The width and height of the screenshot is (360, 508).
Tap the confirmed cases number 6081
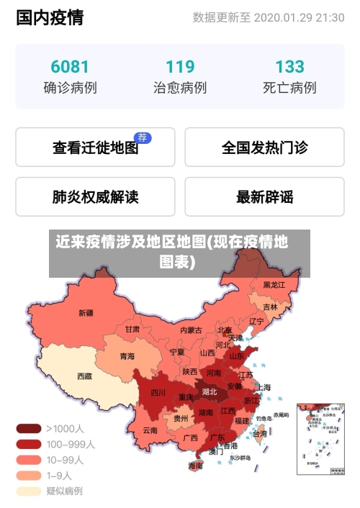tap(70, 67)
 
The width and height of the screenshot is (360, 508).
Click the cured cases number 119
tap(180, 67)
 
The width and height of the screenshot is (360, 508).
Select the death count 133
tap(289, 67)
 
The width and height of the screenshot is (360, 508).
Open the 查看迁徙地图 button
tap(95, 148)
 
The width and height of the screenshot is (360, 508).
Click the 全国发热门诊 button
tap(264, 148)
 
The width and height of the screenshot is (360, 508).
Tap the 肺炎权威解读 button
tap(95, 196)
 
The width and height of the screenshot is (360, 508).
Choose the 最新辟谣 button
tap(264, 196)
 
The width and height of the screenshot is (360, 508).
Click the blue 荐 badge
tap(143, 137)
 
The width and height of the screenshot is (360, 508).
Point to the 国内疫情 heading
tap(50, 17)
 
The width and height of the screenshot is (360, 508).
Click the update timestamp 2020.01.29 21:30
tap(299, 17)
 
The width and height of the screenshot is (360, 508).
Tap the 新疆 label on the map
tap(86, 313)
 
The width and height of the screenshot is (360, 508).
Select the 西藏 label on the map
tap(84, 376)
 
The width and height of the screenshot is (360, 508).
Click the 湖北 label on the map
tap(210, 392)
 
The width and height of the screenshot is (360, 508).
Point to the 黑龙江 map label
tap(274, 285)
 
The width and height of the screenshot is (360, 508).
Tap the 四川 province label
tap(158, 393)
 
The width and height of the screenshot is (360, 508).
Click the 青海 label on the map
tap(127, 355)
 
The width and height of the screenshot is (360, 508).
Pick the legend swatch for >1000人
tap(29, 428)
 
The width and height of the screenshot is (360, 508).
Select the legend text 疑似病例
tap(64, 491)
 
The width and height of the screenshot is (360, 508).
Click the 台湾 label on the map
tap(259, 434)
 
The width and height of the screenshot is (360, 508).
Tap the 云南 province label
tap(150, 430)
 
